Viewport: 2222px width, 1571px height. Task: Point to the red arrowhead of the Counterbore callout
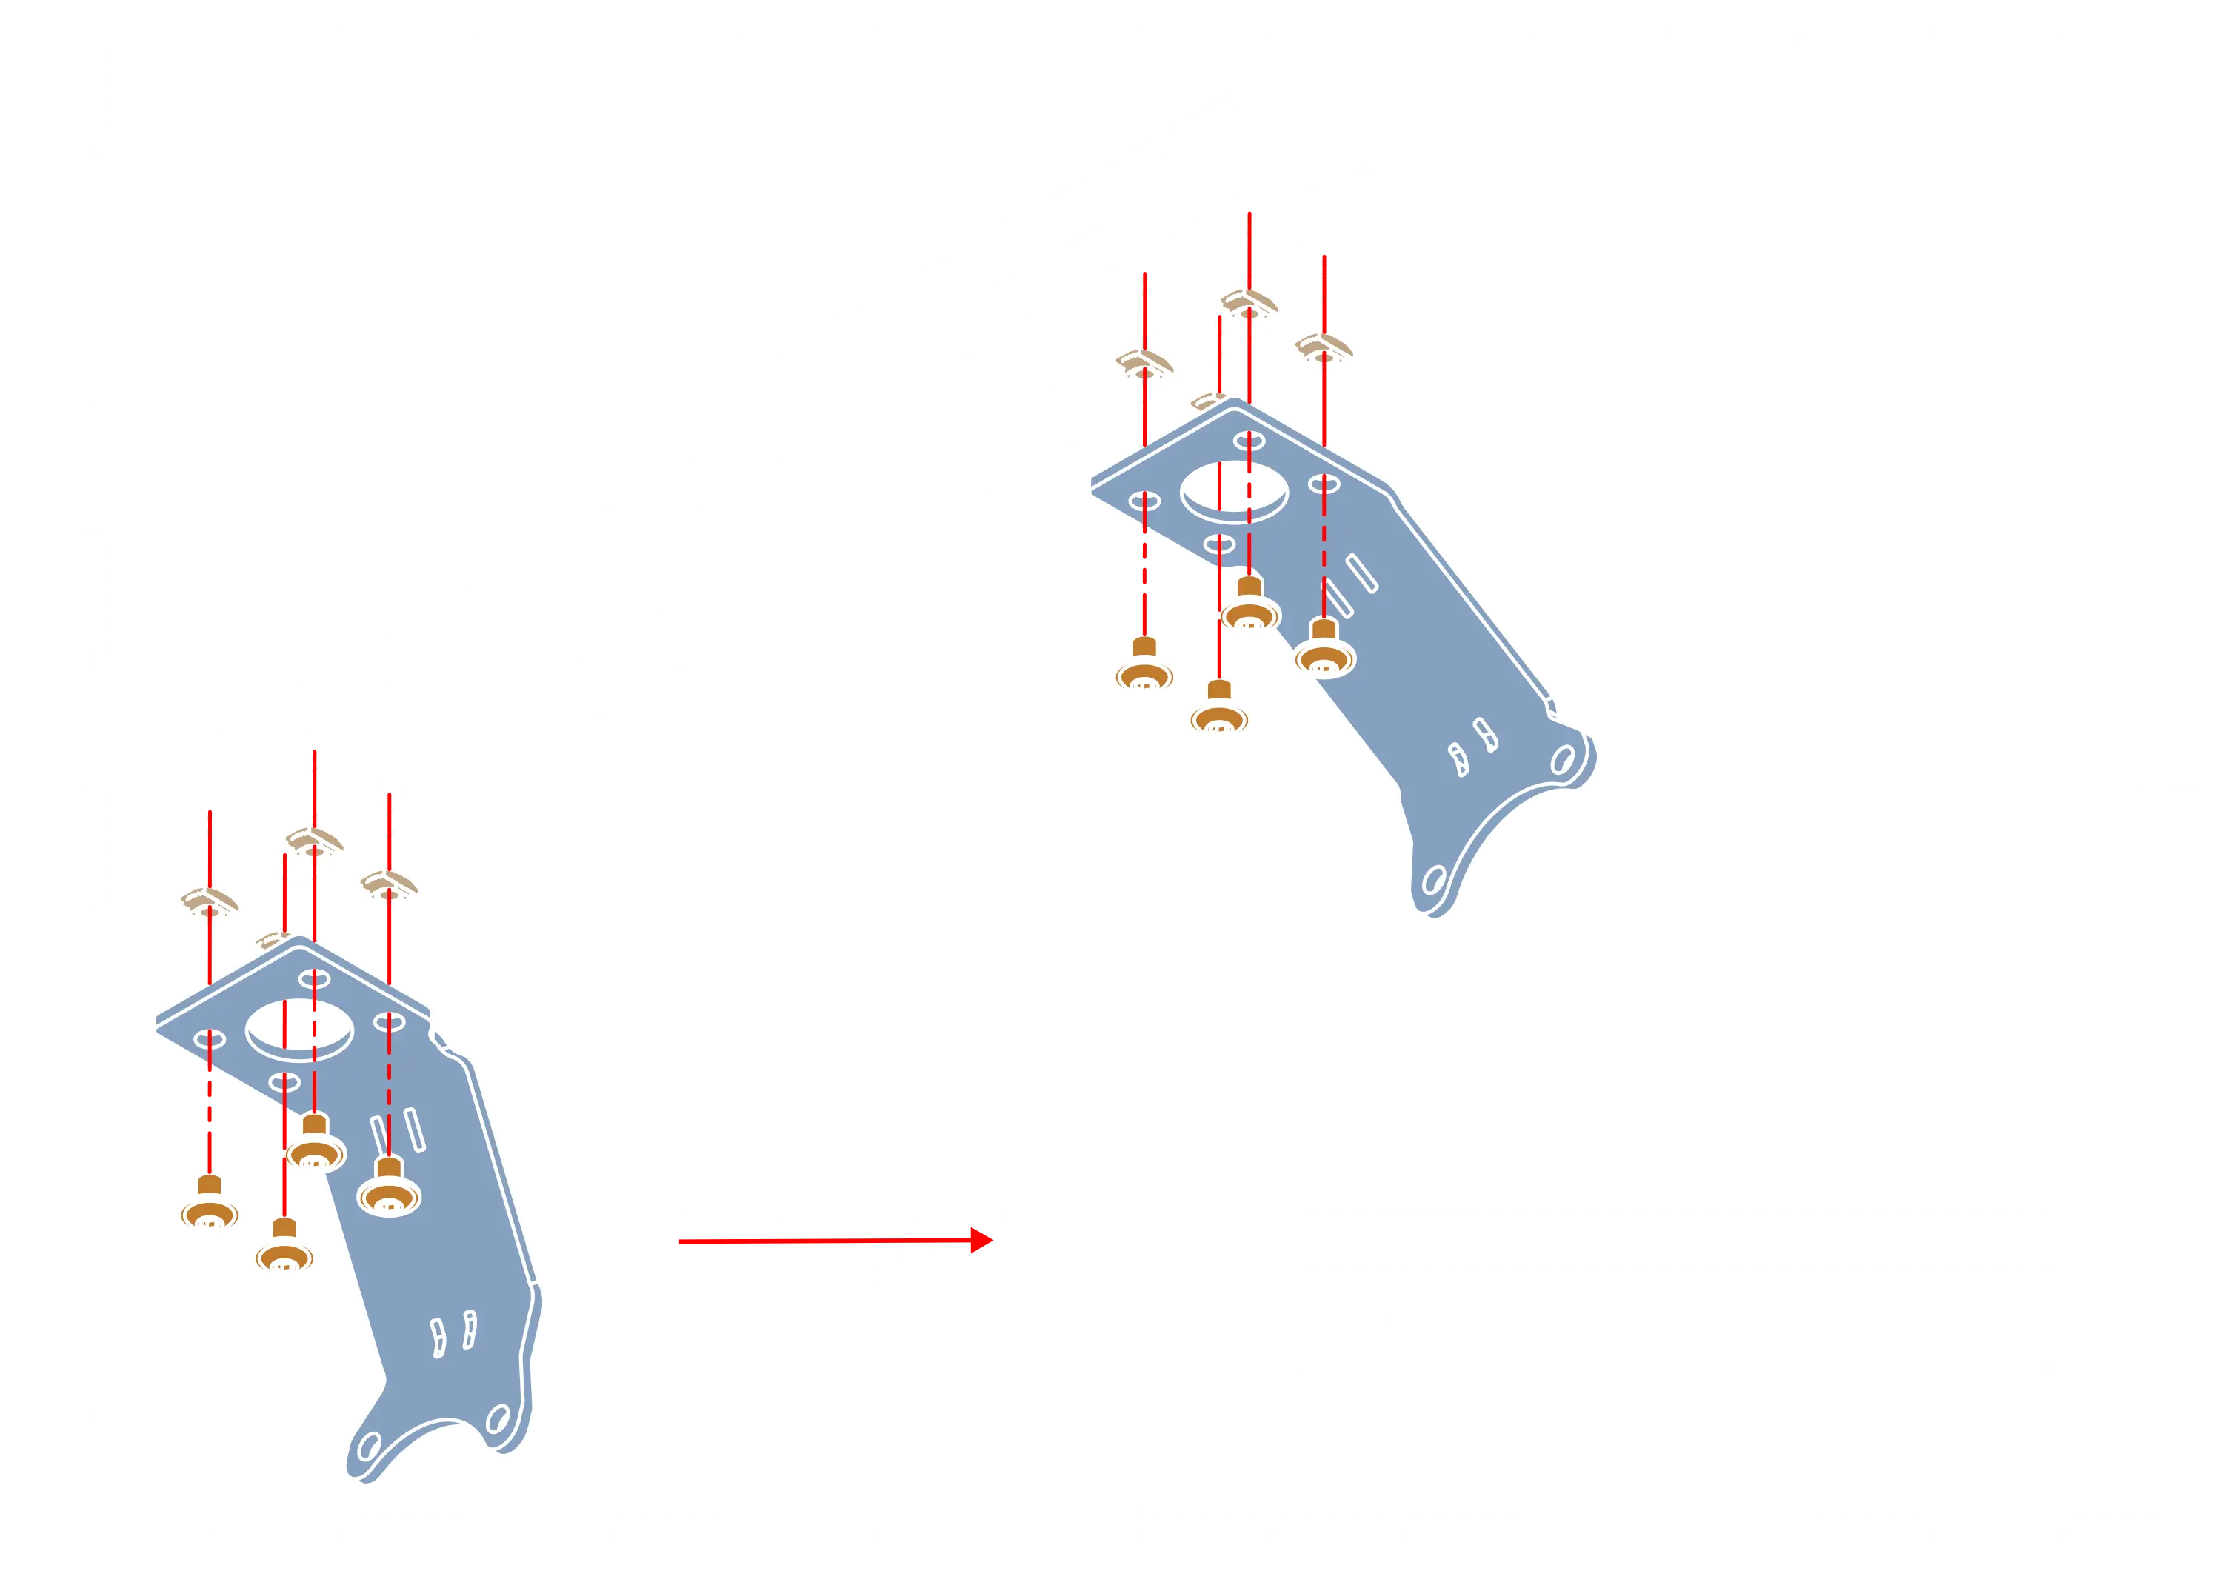click(985, 1239)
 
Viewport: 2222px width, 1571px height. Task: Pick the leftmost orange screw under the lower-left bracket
click(208, 1206)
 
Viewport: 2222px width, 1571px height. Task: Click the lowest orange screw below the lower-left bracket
click(284, 1249)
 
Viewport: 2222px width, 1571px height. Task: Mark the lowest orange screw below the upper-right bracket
click(1219, 710)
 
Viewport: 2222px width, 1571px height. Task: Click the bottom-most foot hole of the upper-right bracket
click(1433, 880)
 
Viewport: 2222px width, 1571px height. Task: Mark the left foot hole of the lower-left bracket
click(369, 1448)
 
